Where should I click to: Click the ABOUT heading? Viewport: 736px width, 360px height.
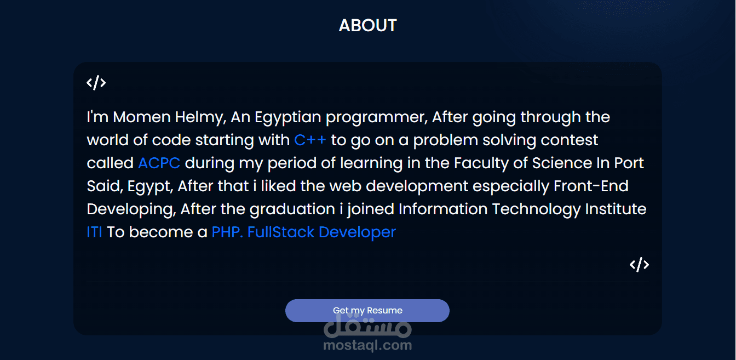tap(367, 25)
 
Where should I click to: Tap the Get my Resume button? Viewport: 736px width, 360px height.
tap(367, 310)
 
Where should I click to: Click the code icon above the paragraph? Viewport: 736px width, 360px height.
tap(96, 83)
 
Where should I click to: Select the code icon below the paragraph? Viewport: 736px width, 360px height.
tap(640, 265)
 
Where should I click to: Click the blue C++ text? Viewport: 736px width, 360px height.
tap(310, 140)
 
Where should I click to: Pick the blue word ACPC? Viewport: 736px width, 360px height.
tap(159, 163)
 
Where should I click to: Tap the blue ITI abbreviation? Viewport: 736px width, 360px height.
tap(94, 232)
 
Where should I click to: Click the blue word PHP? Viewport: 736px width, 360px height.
tap(227, 232)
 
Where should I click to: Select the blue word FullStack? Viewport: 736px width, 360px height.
tap(281, 232)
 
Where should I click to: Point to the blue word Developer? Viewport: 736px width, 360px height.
tap(358, 233)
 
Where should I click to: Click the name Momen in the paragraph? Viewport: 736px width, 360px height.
tap(142, 117)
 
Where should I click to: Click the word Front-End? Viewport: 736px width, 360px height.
tap(591, 186)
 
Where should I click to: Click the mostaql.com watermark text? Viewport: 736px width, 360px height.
tap(367, 346)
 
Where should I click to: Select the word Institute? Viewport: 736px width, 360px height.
tap(616, 209)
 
